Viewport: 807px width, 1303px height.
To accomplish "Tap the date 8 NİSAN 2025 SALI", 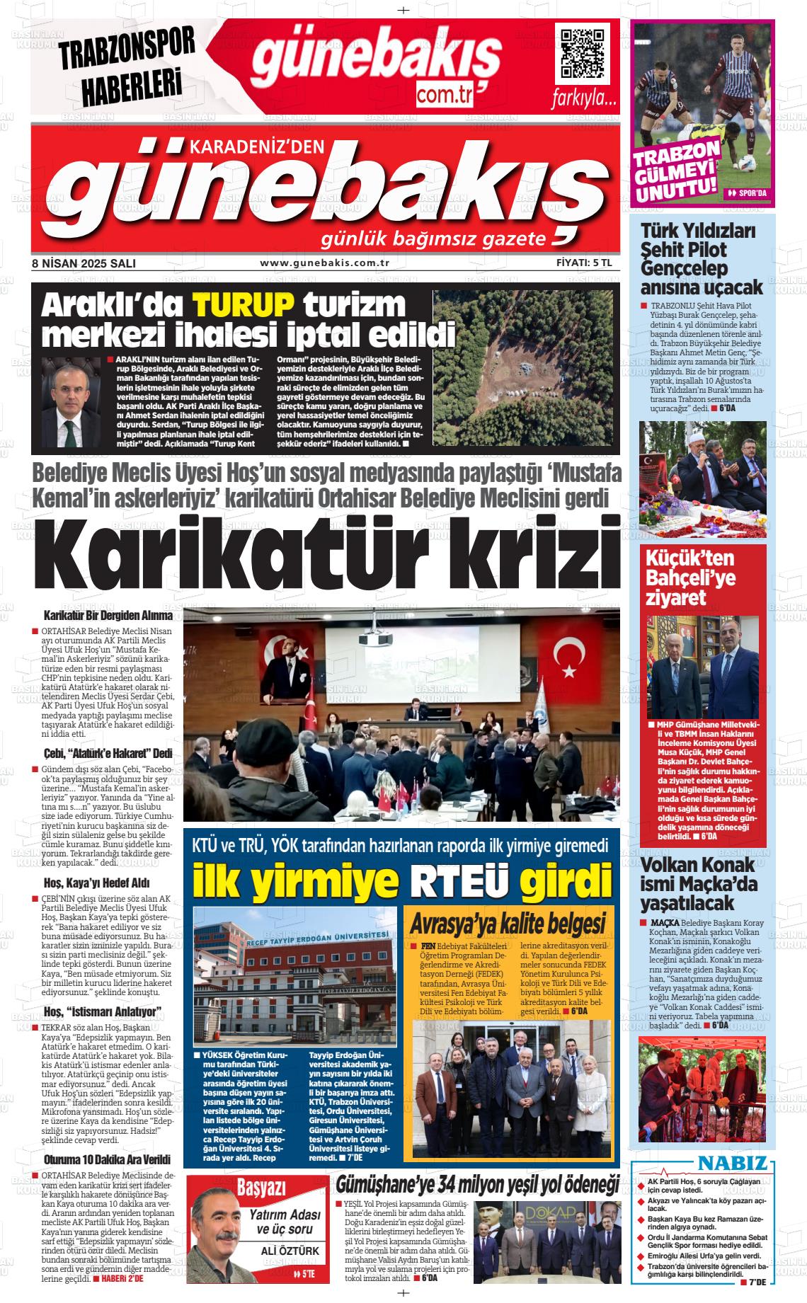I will [84, 263].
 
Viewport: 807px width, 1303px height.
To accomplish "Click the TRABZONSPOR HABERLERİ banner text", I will [127, 66].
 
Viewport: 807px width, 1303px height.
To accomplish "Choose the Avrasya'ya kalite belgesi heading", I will [508, 923].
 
